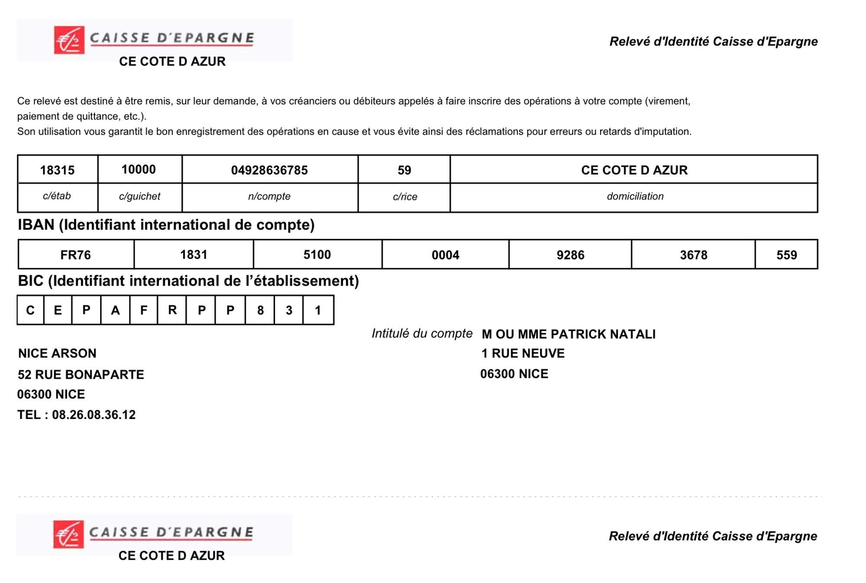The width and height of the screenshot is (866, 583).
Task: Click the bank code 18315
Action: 57,170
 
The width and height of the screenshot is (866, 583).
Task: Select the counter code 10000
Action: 139,169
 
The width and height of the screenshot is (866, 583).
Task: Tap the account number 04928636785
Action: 269,170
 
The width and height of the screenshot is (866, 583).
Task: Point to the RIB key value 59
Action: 404,170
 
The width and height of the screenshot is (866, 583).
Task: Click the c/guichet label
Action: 139,196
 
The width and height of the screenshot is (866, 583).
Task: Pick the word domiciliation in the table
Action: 635,196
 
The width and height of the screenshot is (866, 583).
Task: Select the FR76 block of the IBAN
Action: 76,255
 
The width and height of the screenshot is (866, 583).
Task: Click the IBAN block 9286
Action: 570,255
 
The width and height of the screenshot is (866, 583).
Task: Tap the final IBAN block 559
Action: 786,255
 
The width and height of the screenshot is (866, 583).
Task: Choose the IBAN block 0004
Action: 445,255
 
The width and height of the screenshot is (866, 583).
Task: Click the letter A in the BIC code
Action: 115,310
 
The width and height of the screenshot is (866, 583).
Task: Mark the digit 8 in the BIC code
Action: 260,310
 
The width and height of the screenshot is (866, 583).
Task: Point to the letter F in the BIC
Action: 144,310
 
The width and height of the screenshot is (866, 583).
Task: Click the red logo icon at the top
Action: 69,40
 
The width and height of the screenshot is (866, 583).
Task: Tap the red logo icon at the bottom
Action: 68,535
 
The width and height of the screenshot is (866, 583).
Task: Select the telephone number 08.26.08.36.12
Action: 94,415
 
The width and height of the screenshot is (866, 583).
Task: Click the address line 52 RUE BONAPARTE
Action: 81,374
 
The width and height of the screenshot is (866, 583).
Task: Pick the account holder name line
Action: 569,334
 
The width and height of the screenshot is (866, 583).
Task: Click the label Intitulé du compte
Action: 422,333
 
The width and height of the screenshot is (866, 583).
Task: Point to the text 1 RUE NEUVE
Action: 523,353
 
